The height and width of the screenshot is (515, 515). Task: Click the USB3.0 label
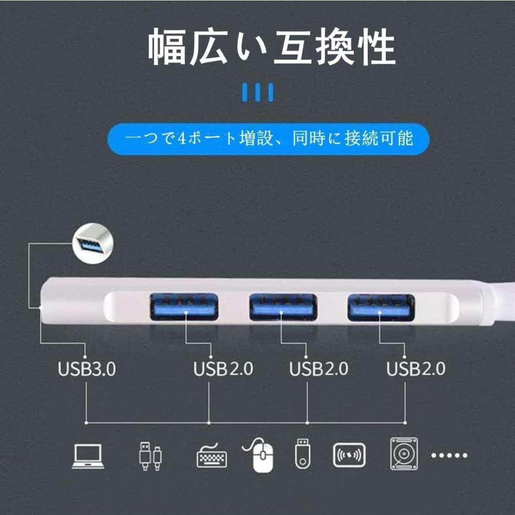[87, 369]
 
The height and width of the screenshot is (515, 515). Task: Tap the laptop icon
[88, 456]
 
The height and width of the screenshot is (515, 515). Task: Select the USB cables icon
[150, 456]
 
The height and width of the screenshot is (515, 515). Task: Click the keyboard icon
[212, 456]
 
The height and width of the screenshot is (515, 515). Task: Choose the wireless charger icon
[349, 455]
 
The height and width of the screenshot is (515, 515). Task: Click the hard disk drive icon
[404, 453]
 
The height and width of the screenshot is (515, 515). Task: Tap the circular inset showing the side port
[93, 243]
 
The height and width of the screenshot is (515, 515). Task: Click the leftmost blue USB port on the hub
[184, 307]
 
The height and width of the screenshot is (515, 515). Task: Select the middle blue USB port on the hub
[283, 307]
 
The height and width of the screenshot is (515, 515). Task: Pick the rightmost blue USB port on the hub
[381, 308]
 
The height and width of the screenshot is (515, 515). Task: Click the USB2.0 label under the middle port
[319, 369]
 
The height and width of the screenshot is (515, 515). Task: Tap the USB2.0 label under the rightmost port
[416, 369]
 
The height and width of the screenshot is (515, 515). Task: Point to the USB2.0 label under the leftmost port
[223, 369]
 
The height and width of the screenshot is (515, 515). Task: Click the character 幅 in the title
[167, 47]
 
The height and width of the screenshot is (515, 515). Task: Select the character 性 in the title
[377, 47]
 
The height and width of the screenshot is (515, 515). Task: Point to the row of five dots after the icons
[449, 455]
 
